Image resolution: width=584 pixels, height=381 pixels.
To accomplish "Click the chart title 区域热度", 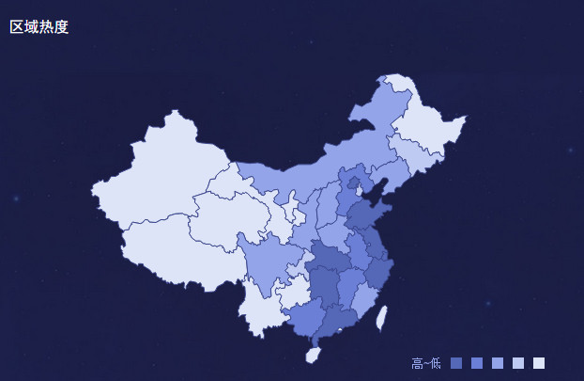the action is click(39, 27).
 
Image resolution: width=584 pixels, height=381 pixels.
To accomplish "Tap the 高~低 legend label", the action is click(425, 363).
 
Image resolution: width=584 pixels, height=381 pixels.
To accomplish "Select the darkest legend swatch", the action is click(456, 363).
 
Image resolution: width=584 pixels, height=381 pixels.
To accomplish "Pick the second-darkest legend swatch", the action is click(477, 363).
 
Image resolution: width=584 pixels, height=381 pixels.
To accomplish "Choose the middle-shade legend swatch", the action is click(498, 363).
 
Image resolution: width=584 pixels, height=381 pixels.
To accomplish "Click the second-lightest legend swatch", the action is click(518, 363).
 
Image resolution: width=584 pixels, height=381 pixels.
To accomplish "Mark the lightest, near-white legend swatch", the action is click(539, 363).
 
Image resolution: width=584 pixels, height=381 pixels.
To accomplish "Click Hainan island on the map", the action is click(314, 355).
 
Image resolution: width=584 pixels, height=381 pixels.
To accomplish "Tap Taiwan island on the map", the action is click(381, 317).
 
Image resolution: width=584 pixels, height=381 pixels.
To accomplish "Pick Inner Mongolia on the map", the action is click(300, 174).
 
